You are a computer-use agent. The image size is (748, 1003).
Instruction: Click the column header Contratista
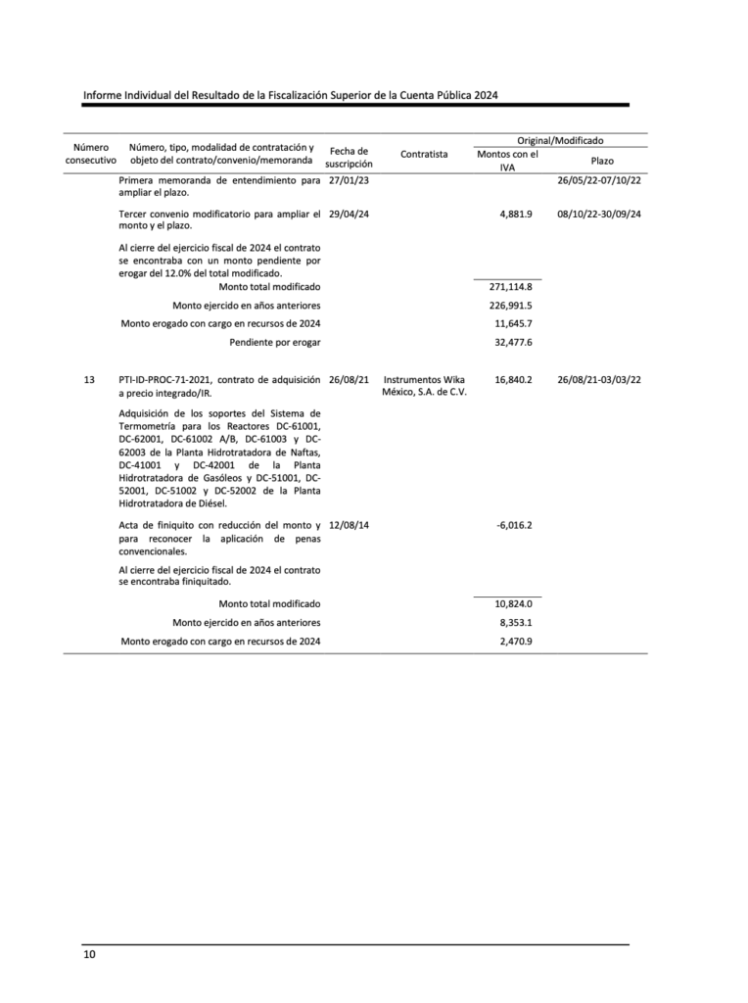point(424,154)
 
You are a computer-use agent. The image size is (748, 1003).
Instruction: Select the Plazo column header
point(602,160)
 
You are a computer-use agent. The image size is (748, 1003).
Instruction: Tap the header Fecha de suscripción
point(349,157)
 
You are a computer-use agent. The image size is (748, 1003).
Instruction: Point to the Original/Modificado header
point(560,141)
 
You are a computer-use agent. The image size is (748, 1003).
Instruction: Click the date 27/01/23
point(349,181)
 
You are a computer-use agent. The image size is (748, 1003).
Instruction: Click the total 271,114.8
point(510,287)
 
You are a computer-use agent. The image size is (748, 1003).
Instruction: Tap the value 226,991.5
point(510,306)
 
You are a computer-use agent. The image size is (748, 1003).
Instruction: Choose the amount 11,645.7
point(513,323)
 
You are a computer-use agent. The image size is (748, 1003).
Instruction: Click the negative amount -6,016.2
point(514,525)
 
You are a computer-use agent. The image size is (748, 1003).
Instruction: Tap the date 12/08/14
point(349,525)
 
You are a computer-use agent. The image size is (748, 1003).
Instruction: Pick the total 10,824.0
point(513,604)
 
